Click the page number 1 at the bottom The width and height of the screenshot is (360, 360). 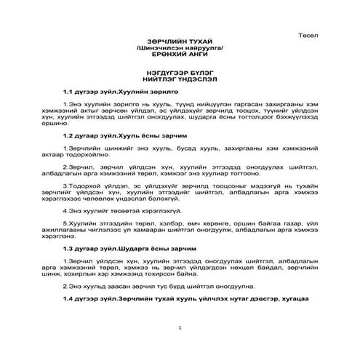(x=180, y=329)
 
